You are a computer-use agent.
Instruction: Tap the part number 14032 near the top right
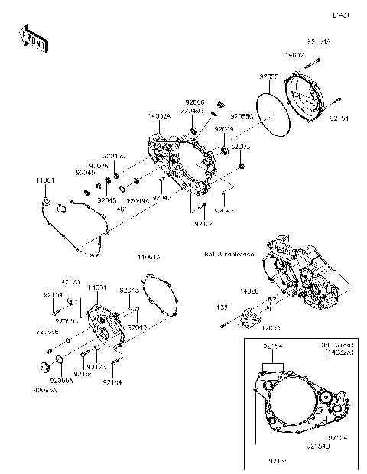(295, 56)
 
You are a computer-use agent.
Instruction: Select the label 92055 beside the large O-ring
(268, 76)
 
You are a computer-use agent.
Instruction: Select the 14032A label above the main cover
(159, 116)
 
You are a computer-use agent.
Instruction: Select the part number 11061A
(148, 258)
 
